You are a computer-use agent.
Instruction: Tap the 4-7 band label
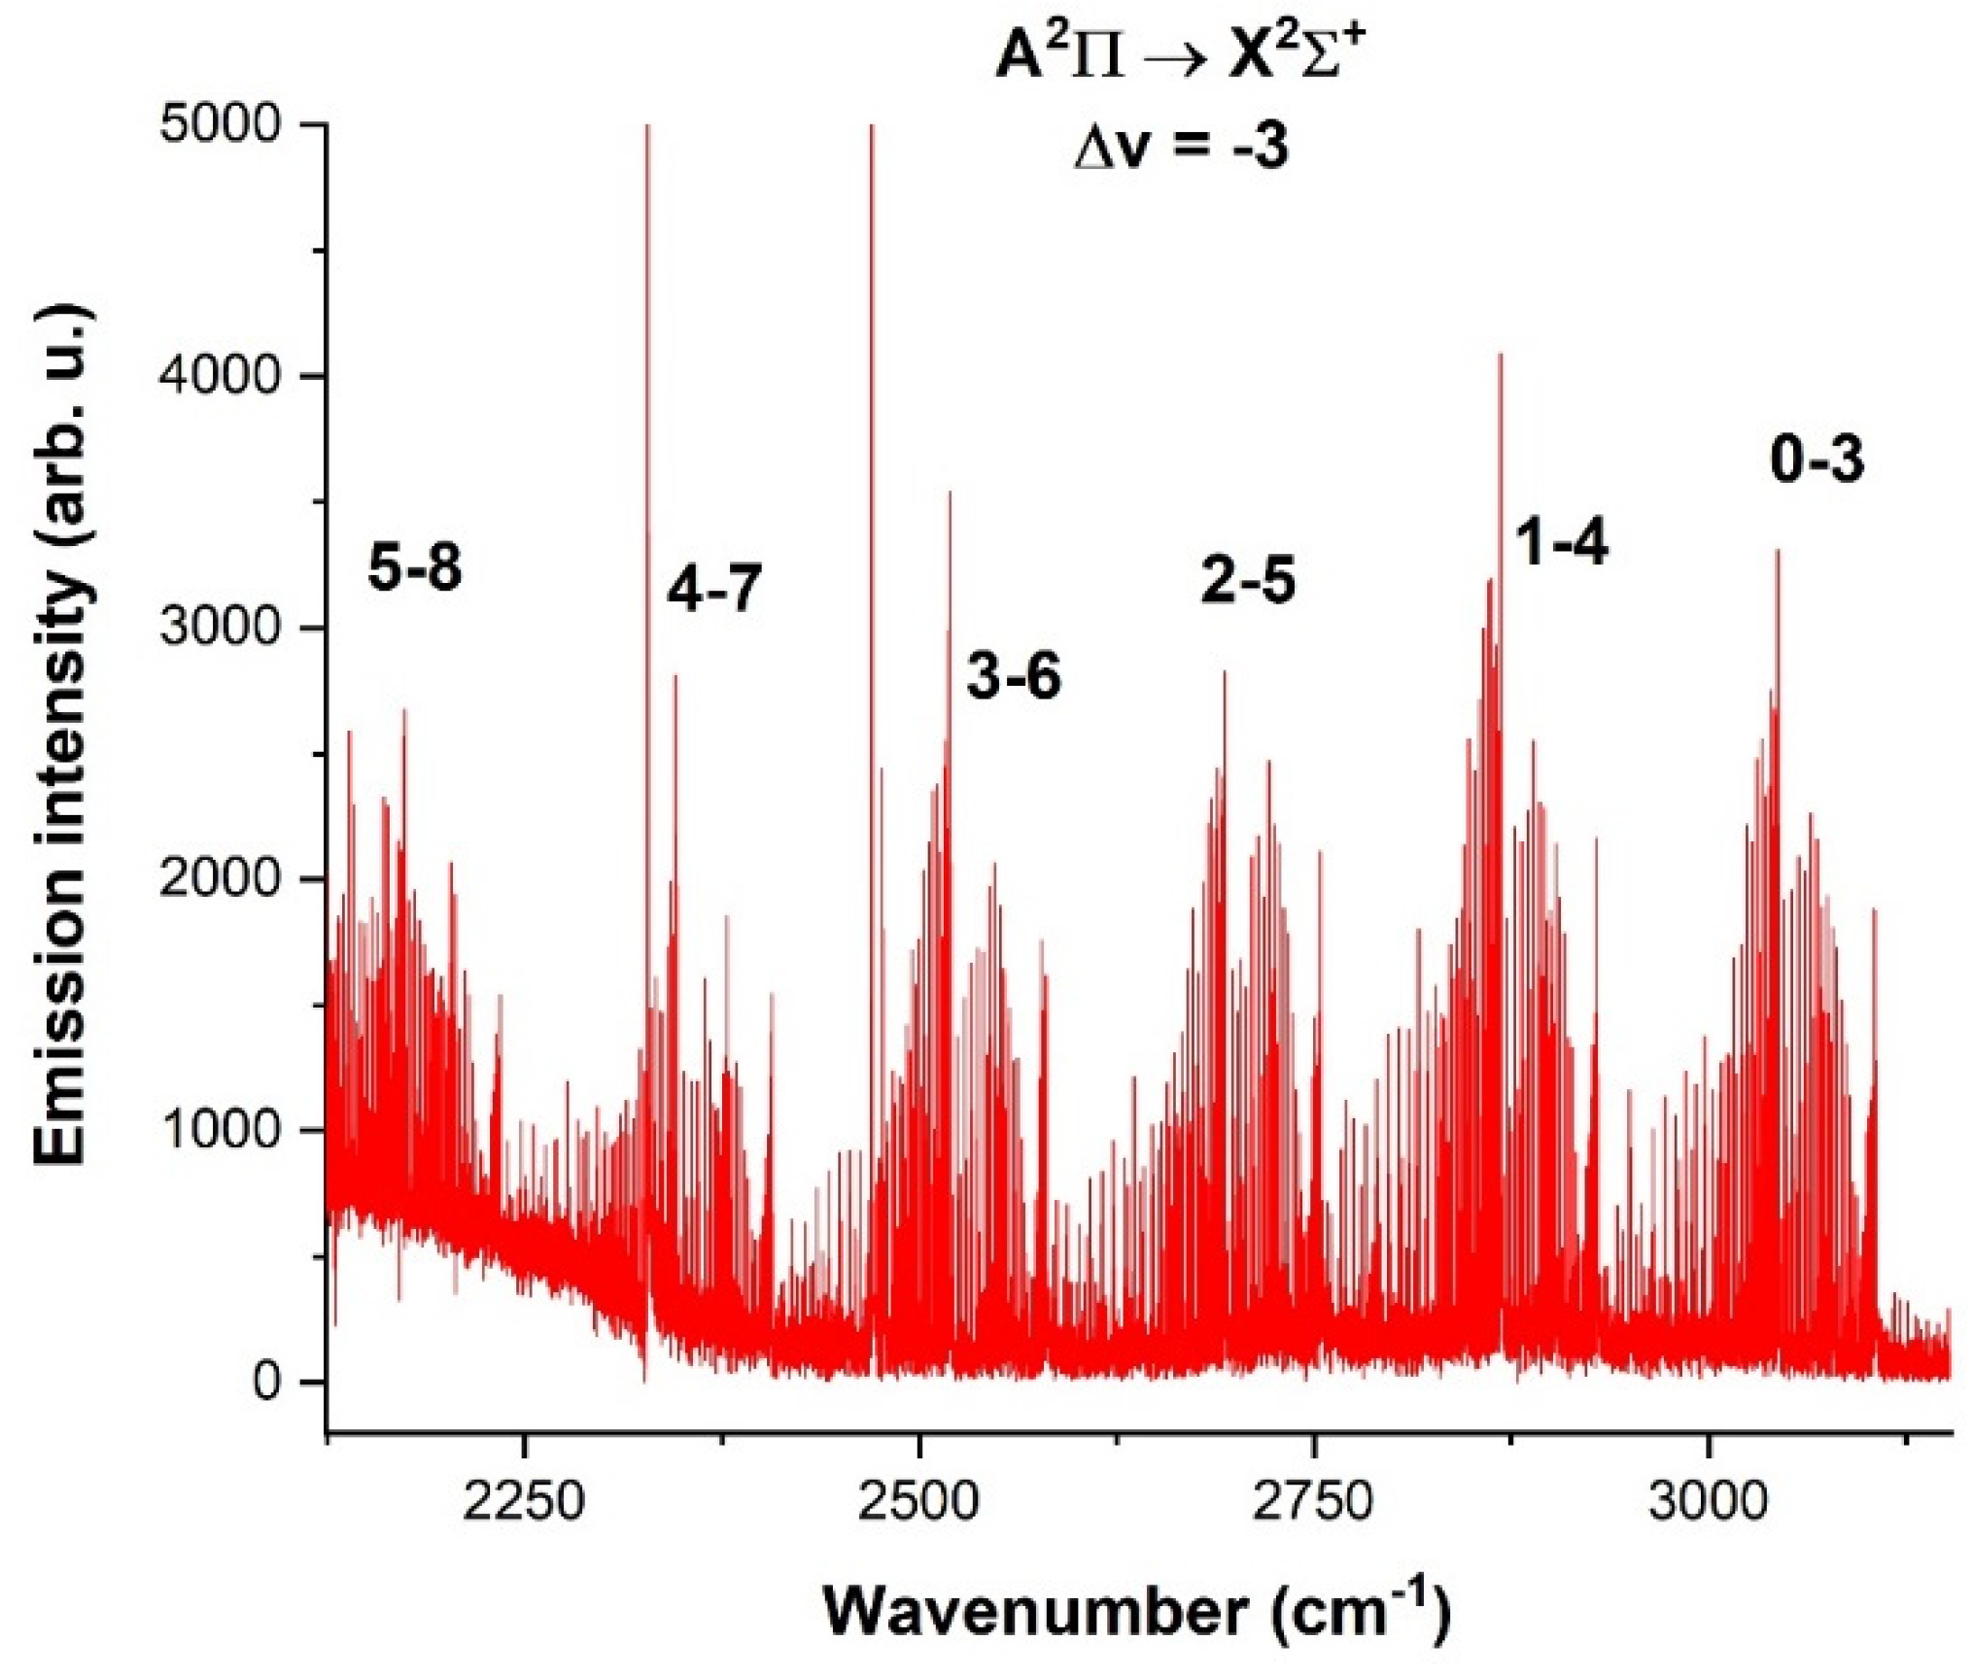pyautogui.click(x=714, y=588)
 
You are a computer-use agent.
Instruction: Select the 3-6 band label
pyautogui.click(x=1014, y=675)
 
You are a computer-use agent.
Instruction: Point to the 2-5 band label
pyautogui.click(x=1248, y=580)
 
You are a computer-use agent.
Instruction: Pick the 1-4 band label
pyautogui.click(x=1562, y=541)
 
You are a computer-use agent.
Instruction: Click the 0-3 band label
pyautogui.click(x=1817, y=459)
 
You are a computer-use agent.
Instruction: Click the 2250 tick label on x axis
pyautogui.click(x=524, y=1501)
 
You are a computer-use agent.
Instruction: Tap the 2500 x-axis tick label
pyautogui.click(x=918, y=1501)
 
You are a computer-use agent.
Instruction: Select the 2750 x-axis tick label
pyautogui.click(x=1313, y=1501)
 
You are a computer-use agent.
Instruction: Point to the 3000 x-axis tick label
pyautogui.click(x=1708, y=1501)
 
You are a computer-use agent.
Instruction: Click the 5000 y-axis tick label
pyautogui.click(x=220, y=124)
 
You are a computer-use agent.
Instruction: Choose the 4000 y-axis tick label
pyautogui.click(x=220, y=376)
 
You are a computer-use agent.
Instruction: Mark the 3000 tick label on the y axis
pyautogui.click(x=220, y=628)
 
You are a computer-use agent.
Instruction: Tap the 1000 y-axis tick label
pyautogui.click(x=220, y=1130)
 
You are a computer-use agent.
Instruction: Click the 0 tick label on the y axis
pyautogui.click(x=266, y=1381)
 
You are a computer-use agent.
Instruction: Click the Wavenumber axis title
pyautogui.click(x=1137, y=1611)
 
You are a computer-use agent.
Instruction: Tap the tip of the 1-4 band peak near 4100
pyautogui.click(x=1501, y=356)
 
